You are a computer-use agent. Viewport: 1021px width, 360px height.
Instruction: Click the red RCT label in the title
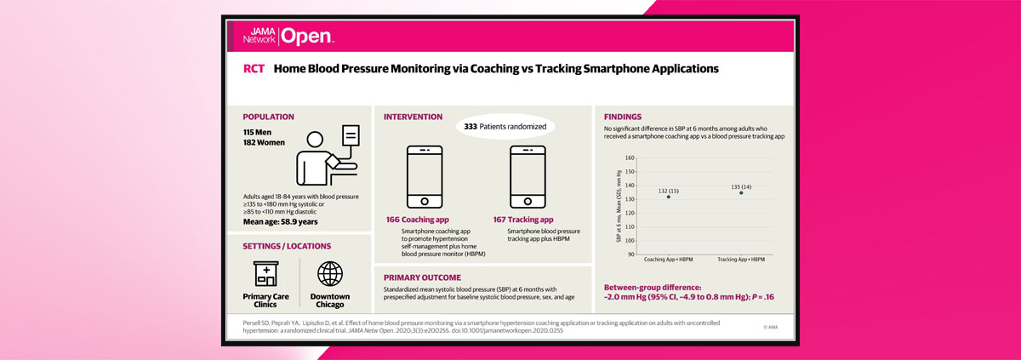[254, 69]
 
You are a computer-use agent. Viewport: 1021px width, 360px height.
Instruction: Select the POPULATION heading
[268, 117]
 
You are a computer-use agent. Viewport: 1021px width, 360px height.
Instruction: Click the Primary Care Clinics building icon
[266, 274]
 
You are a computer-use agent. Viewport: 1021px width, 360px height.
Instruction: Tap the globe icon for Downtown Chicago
[329, 274]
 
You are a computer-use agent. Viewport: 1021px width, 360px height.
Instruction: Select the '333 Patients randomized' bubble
[505, 127]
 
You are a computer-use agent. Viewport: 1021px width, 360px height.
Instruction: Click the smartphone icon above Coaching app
[425, 177]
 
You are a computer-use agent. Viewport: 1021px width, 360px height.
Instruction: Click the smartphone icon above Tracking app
[528, 177]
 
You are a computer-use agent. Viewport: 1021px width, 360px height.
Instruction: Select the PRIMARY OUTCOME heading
[423, 277]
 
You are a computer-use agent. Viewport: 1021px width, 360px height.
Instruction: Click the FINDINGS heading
[623, 117]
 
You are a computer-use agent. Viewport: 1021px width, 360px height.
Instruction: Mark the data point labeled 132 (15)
[668, 197]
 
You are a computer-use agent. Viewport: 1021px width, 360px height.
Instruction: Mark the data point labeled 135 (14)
[741, 192]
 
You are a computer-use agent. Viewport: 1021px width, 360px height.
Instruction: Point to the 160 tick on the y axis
[630, 157]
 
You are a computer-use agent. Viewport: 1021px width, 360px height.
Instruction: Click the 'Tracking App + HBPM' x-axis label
[741, 260]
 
